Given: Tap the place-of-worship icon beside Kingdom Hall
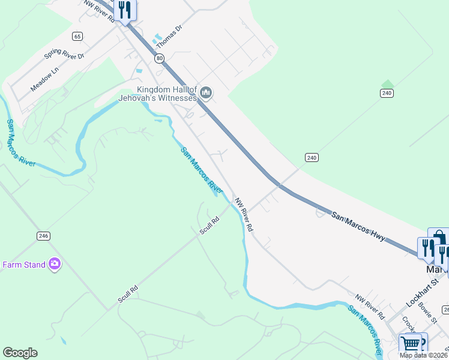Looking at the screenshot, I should (206, 92).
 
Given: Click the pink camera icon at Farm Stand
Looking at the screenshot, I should (55, 263).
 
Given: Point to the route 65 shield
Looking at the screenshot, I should (77, 36).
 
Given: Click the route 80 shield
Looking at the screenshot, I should (158, 58).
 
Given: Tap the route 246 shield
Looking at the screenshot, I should (43, 236).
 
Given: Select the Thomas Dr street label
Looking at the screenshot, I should (169, 37).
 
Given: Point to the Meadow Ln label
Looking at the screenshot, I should (45, 79).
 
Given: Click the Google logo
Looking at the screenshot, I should (20, 353).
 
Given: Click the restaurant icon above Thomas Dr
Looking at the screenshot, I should (125, 10).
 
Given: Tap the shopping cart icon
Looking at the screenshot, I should (411, 344).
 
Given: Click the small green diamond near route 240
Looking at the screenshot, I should (387, 84).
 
